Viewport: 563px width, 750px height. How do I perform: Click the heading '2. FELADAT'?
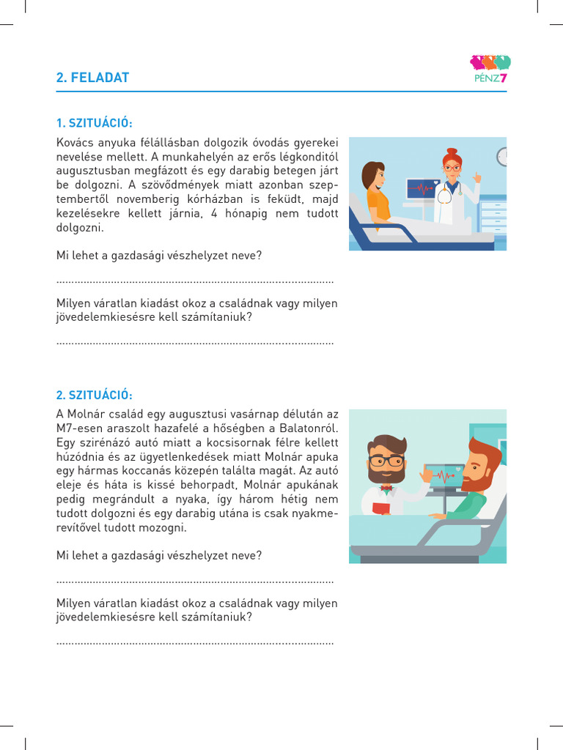[x=92, y=78]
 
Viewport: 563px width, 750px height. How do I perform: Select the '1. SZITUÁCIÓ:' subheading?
[x=95, y=122]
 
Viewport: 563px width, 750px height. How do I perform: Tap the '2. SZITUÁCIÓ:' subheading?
[x=95, y=395]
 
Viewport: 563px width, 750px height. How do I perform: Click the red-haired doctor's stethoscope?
[x=444, y=194]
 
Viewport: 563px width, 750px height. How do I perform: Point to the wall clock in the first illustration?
[x=503, y=156]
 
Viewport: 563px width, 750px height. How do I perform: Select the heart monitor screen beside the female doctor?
[x=421, y=189]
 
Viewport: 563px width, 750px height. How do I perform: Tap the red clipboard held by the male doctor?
[x=382, y=508]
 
